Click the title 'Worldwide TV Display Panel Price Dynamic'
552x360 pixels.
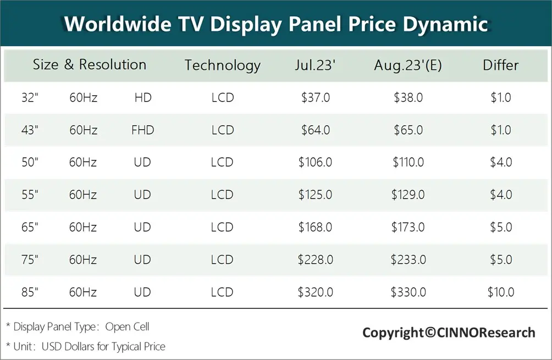(x=275, y=24)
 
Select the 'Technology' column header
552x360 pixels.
(x=222, y=65)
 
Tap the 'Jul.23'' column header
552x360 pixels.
(x=315, y=65)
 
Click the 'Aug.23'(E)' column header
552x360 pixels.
(x=408, y=65)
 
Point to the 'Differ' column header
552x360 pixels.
(x=500, y=65)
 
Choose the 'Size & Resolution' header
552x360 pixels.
(x=90, y=65)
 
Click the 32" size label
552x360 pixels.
(x=30, y=98)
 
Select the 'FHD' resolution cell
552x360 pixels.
(x=142, y=130)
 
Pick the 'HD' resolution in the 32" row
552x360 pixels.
(x=142, y=98)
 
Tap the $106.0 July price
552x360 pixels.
(x=315, y=163)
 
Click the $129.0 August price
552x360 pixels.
(x=408, y=195)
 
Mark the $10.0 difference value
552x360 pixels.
(x=500, y=292)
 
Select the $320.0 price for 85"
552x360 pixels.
(x=315, y=292)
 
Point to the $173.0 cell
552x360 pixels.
(x=408, y=228)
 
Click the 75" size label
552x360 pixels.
(x=30, y=260)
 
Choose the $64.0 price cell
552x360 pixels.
(x=315, y=130)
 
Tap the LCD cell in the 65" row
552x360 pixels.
(x=222, y=228)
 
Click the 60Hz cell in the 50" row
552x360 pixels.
(x=83, y=163)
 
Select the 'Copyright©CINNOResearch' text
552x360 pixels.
(x=448, y=333)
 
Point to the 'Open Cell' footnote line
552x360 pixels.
(x=78, y=326)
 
